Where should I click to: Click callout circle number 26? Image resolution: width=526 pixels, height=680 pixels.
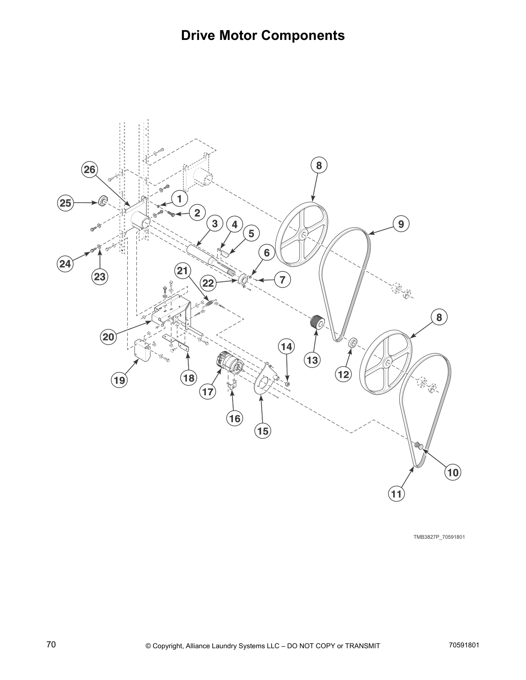pyautogui.click(x=89, y=170)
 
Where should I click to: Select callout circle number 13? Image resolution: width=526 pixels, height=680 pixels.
pyautogui.click(x=312, y=360)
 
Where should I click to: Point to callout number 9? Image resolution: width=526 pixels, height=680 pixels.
pyautogui.click(x=401, y=224)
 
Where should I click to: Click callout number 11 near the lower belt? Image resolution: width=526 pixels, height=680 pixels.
pyautogui.click(x=396, y=494)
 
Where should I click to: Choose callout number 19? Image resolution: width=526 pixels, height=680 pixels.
pyautogui.click(x=119, y=380)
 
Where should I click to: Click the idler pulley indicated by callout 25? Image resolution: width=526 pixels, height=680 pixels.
pyautogui.click(x=103, y=201)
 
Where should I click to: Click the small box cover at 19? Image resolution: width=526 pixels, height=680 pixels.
pyautogui.click(x=142, y=349)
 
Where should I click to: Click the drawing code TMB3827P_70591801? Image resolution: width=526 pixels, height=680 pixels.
pyautogui.click(x=439, y=537)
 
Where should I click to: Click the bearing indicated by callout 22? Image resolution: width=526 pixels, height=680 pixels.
pyautogui.click(x=243, y=280)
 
